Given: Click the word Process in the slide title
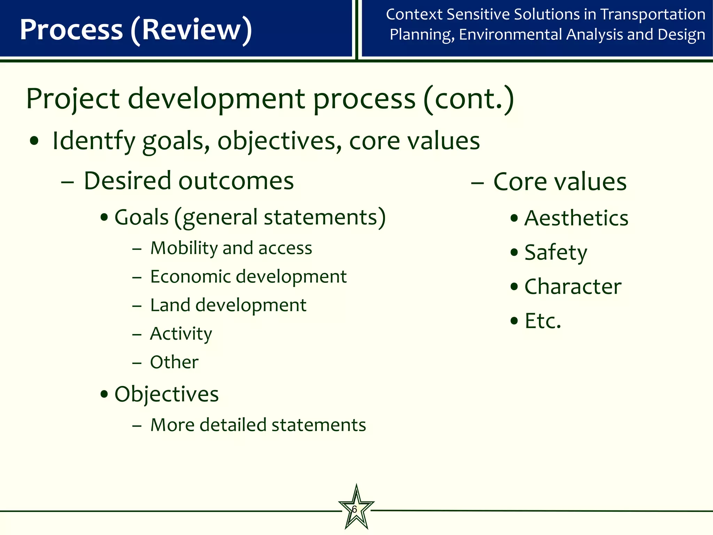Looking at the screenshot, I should [x=71, y=30].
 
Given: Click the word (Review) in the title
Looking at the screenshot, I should [x=191, y=30].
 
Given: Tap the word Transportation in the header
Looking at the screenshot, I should [x=653, y=15].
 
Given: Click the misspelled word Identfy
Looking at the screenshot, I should [x=93, y=141].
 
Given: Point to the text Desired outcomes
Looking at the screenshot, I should [x=189, y=181].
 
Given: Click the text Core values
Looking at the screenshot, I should [x=560, y=182].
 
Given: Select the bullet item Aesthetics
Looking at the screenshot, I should [x=576, y=218].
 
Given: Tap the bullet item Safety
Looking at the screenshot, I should [x=556, y=253].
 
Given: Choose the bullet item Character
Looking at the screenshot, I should [x=573, y=287].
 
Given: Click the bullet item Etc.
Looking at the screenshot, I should [x=543, y=321].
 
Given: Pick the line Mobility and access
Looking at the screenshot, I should [x=231, y=248].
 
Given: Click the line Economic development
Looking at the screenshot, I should [x=248, y=277].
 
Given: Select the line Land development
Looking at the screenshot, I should [x=228, y=305].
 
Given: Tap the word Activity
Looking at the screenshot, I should [x=181, y=334].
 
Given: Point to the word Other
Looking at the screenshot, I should [x=174, y=362].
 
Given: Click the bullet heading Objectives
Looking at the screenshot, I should [x=166, y=394].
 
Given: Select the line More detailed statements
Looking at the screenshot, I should [x=258, y=425].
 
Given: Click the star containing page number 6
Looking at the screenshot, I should [x=356, y=509].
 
